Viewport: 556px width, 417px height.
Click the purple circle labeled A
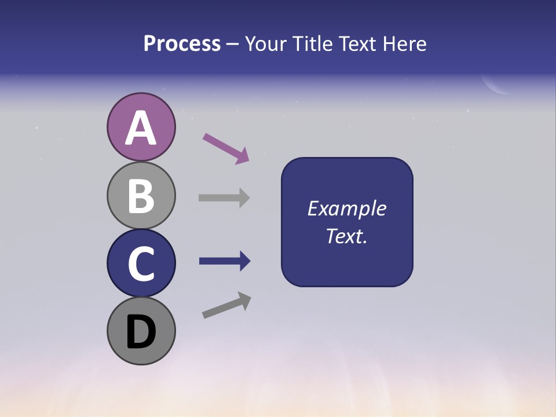coord(141,127)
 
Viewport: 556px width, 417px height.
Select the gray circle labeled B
coord(141,195)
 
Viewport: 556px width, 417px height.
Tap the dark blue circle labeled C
coord(141,263)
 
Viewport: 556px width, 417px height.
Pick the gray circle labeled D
coord(141,331)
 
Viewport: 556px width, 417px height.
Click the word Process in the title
coord(182,44)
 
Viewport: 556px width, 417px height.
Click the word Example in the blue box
coord(346,209)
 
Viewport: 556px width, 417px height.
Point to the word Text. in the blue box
coord(346,236)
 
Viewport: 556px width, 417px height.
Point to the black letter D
coord(141,332)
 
